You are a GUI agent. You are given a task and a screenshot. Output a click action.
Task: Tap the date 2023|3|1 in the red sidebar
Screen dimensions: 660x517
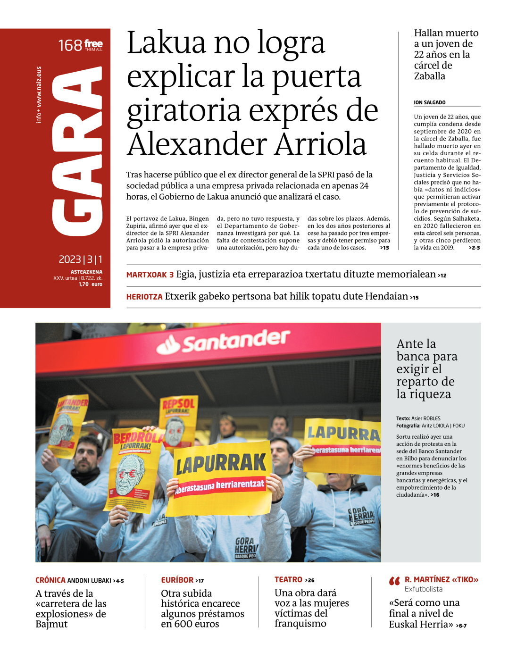click(80, 259)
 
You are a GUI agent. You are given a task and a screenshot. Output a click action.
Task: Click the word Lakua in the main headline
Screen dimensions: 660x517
click(166, 42)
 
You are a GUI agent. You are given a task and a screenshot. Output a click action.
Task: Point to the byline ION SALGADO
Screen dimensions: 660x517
click(429, 102)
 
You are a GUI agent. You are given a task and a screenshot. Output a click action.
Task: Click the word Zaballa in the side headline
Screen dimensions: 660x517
click(429, 76)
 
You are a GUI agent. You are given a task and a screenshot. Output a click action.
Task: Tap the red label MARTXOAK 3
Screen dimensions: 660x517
click(150, 275)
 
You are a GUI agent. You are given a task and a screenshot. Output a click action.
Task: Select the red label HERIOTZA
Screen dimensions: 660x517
click(144, 297)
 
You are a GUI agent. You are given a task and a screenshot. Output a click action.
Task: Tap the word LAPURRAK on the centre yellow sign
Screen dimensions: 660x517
click(221, 464)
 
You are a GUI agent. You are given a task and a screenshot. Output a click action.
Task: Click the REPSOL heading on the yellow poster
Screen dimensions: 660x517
click(178, 404)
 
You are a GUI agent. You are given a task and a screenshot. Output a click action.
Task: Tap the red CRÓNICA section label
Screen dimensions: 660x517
click(50, 580)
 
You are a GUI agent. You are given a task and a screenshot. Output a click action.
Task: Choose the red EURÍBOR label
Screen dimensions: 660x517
click(177, 580)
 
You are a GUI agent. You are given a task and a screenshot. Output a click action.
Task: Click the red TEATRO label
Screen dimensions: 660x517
click(288, 580)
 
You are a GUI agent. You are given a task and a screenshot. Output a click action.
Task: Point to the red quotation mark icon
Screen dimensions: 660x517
click(394, 581)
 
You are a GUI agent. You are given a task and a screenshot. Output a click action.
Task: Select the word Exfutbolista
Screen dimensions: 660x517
click(424, 589)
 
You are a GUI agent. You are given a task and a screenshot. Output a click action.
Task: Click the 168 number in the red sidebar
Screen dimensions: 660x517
click(70, 46)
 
